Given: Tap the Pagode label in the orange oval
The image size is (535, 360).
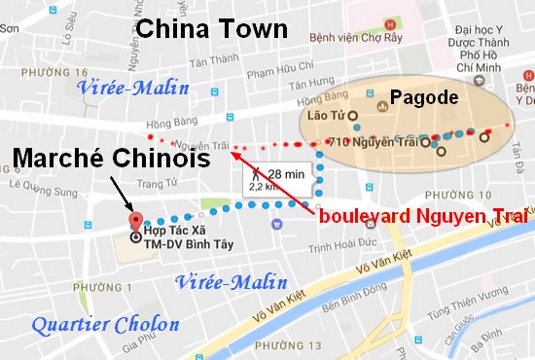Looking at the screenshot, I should point(423,97).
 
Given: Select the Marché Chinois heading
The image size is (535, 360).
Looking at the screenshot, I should point(111,157).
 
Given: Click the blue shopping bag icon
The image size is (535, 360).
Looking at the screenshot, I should point(276,223).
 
